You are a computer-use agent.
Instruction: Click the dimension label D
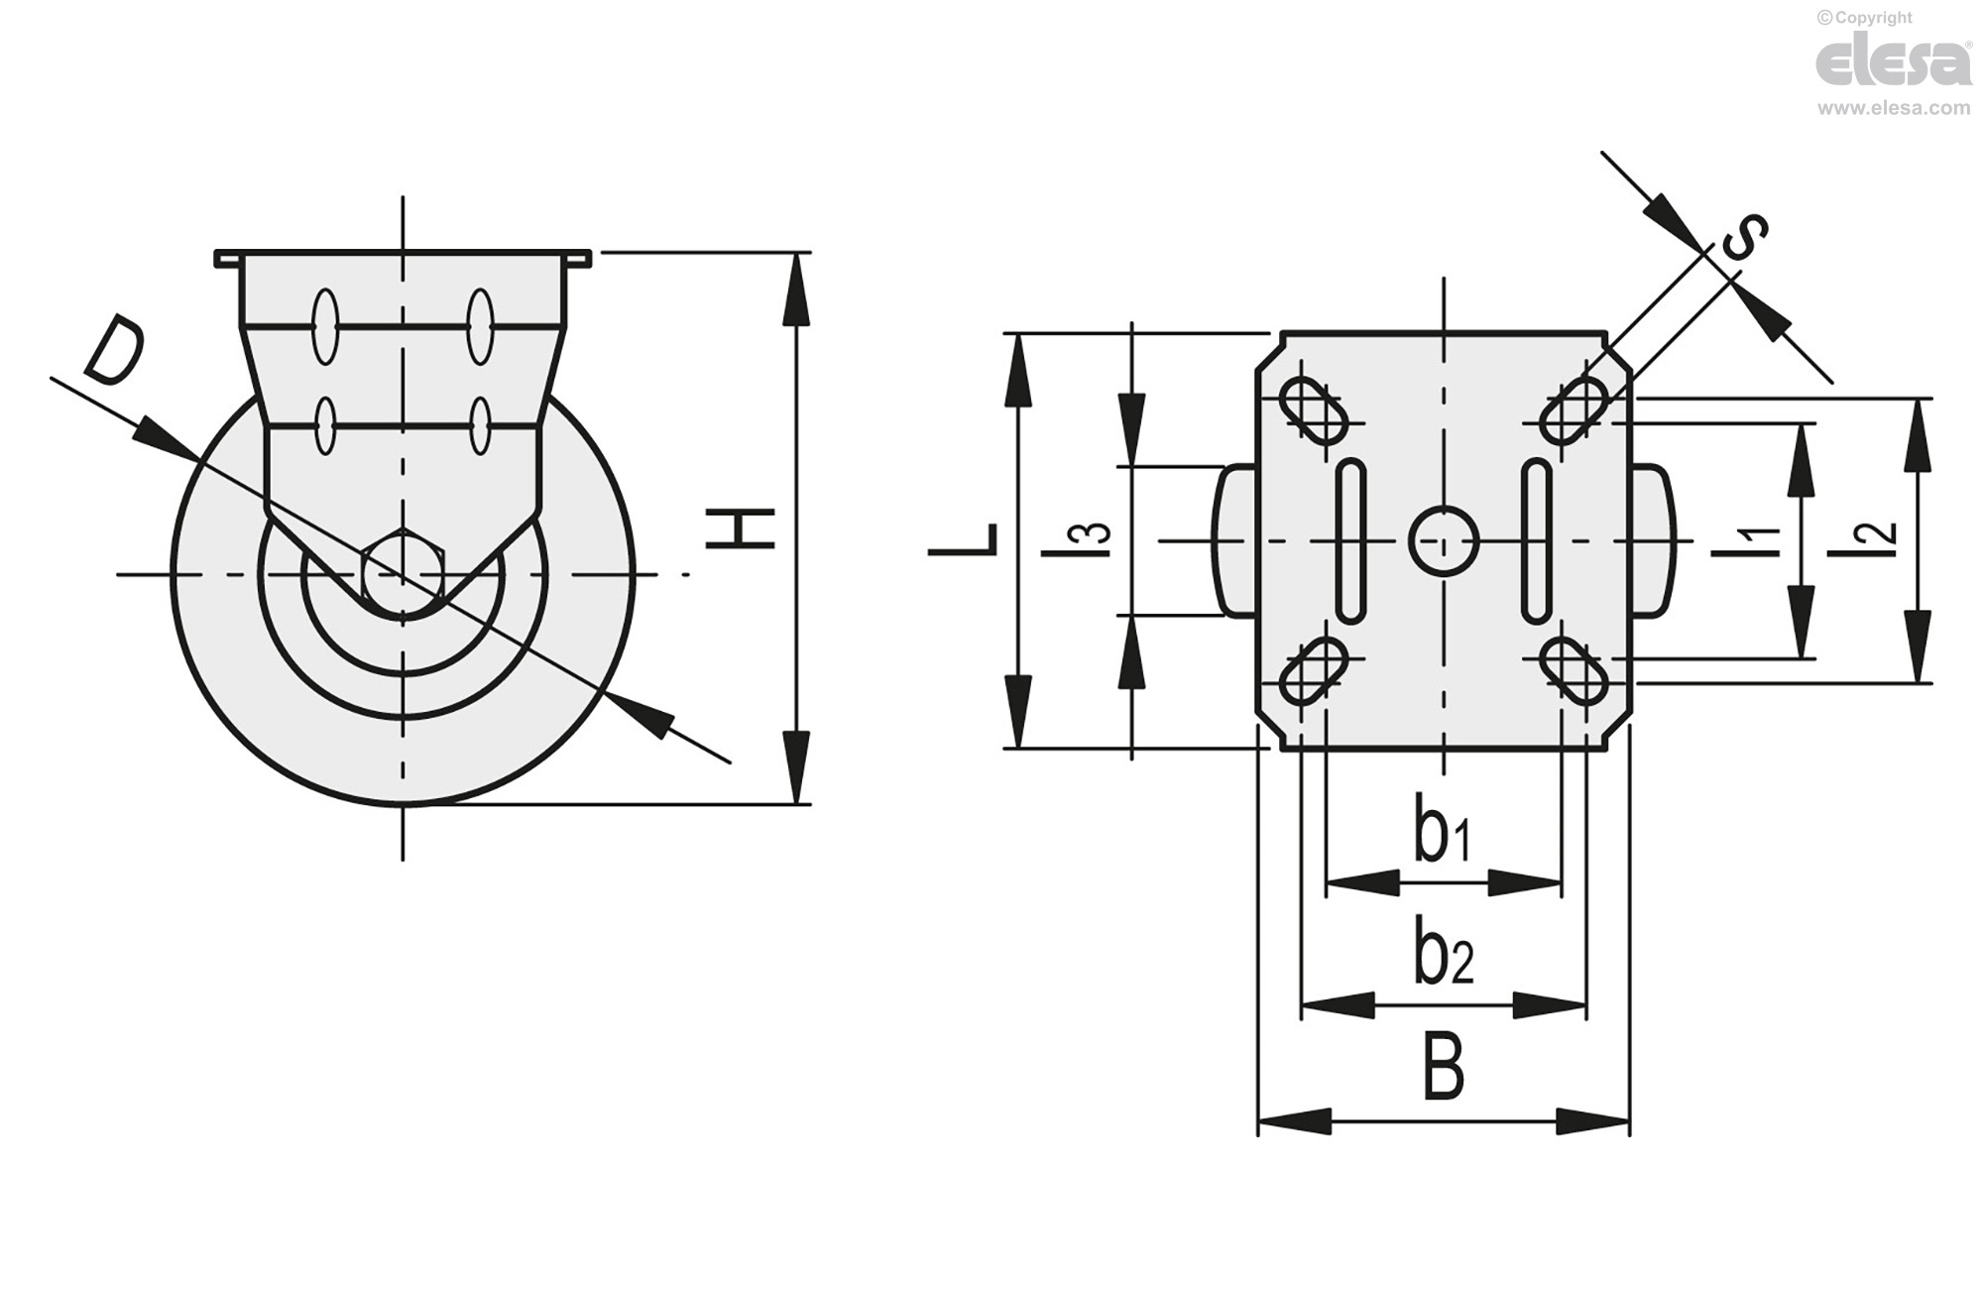click(x=113, y=349)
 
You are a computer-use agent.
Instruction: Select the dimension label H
click(x=740, y=528)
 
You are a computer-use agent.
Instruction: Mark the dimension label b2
click(x=1444, y=953)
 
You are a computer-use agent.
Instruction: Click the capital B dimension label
click(x=1444, y=1066)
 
